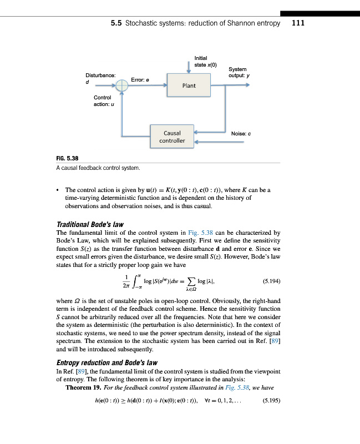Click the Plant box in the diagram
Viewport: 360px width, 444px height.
click(189, 85)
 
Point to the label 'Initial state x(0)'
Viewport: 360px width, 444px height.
click(201, 61)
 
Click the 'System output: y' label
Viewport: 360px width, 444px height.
click(238, 72)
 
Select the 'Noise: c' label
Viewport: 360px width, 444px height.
click(242, 134)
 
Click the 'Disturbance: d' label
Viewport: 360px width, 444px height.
click(100, 78)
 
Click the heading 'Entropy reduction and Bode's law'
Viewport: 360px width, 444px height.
click(107, 362)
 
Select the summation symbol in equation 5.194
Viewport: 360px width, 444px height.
click(194, 281)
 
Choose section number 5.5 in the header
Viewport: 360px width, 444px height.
click(116, 23)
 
